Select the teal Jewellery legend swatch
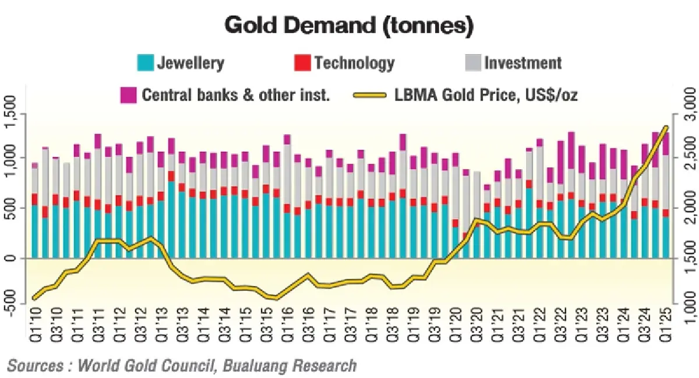point(146,63)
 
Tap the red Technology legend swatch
point(302,63)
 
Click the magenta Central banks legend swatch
point(128,95)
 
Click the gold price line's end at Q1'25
point(665,127)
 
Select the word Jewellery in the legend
point(190,63)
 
